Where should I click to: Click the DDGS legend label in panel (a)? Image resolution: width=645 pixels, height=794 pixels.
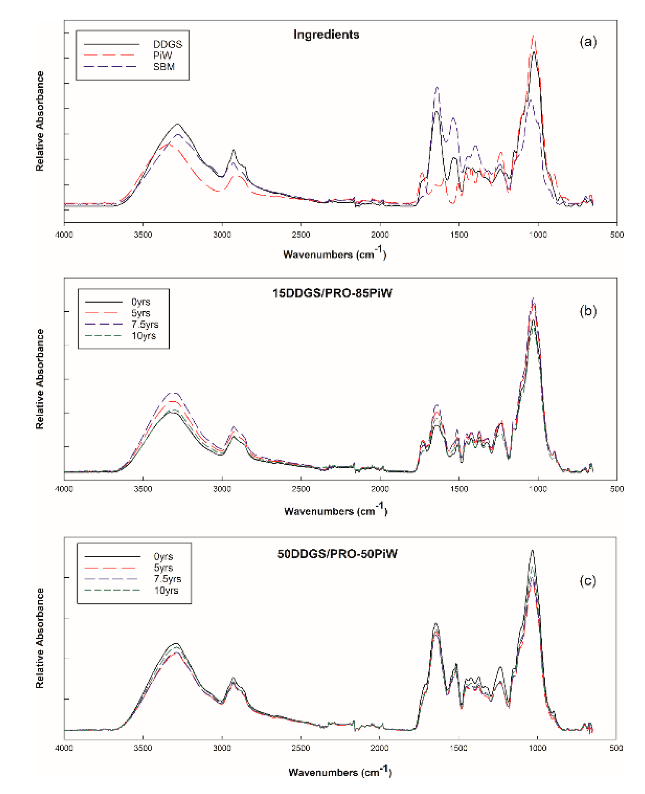coord(167,44)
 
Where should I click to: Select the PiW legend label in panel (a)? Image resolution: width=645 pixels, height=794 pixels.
coord(162,55)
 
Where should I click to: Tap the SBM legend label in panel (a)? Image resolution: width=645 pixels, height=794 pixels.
coord(164,67)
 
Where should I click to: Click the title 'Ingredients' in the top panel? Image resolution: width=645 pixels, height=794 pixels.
coord(326,35)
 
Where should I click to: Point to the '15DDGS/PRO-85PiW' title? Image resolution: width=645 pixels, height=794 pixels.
coord(332,293)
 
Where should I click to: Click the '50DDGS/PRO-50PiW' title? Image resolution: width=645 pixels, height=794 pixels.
coord(337,554)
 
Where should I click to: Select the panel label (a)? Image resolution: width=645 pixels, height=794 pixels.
coord(588,42)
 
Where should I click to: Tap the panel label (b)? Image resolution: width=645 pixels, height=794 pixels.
coord(588,311)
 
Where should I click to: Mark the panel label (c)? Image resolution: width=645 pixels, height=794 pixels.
coord(588,581)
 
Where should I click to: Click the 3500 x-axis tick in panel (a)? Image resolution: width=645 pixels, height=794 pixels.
coord(143,235)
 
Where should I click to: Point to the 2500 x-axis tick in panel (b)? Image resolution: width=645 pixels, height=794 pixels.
coord(301,489)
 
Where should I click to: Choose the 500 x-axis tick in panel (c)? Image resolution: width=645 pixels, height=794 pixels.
coord(616,748)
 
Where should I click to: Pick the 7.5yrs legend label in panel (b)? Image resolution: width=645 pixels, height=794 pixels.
coord(145,325)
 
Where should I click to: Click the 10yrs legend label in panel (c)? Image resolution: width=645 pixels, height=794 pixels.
coord(166,590)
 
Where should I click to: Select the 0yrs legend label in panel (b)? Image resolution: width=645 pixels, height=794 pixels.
coord(140,302)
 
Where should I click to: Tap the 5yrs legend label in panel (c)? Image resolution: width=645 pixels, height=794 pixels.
coord(163,568)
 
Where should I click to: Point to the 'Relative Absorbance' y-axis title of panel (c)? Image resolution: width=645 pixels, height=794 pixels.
coord(40,638)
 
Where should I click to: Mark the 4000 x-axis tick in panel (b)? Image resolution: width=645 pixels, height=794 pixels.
coord(64,489)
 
